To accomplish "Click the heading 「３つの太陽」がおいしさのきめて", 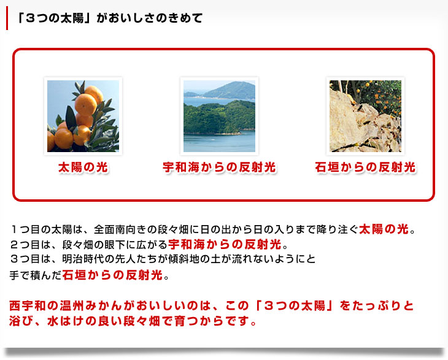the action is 109,18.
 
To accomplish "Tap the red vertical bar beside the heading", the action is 7,18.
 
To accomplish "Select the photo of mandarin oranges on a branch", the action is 83,116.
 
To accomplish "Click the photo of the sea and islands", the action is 220,116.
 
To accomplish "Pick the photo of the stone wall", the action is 365,116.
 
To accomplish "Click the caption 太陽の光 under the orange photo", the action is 83,167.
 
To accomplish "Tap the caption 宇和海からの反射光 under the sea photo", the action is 220,167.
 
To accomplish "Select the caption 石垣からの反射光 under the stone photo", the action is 365,167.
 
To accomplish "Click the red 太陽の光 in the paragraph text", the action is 384,229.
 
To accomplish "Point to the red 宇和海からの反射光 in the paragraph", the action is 225,244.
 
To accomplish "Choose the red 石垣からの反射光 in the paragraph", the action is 112,275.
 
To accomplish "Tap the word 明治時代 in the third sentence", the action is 83,259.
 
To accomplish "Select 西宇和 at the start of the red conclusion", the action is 28,306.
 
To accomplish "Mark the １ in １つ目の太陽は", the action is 14,229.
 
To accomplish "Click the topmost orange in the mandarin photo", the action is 95,94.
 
